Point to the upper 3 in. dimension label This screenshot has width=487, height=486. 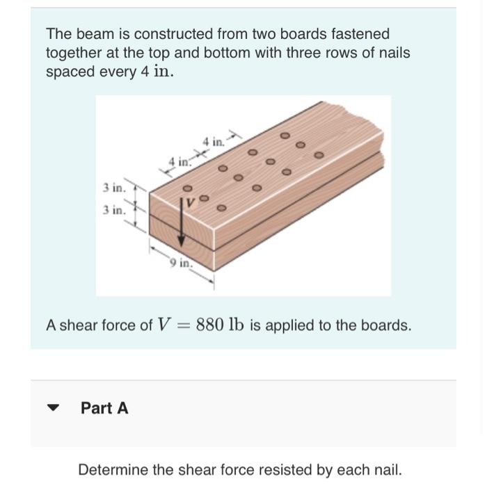114,187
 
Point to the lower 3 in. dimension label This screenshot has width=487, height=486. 114,209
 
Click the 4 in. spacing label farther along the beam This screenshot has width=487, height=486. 214,142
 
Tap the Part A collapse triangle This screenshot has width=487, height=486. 53,408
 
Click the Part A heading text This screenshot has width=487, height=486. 104,408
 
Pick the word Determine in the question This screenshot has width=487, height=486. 111,469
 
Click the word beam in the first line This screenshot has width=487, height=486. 86,33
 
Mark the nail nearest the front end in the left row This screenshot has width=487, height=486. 186,188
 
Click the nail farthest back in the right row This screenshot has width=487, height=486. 319,154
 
